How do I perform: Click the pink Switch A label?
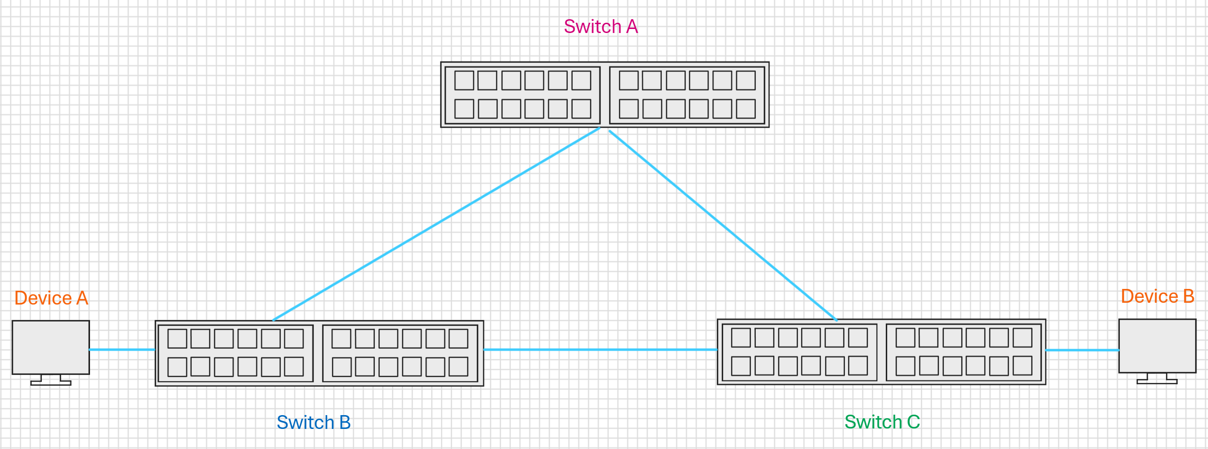tap(601, 26)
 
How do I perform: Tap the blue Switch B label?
tap(314, 422)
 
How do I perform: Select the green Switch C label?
tap(882, 422)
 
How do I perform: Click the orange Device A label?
tap(51, 298)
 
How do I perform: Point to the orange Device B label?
tap(1157, 296)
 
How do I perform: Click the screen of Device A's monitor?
tap(51, 347)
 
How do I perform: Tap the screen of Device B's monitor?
tap(1157, 346)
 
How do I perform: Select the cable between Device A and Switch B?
tap(122, 350)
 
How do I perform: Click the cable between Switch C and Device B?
tap(1082, 350)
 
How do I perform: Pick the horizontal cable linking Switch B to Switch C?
tap(600, 350)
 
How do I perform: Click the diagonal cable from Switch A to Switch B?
tap(436, 224)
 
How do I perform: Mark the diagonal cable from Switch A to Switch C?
tap(723, 226)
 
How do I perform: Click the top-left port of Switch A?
tap(464, 80)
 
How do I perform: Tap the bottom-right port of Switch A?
tap(745, 109)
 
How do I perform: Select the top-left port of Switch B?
tap(177, 338)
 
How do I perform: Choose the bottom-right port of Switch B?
tap(458, 367)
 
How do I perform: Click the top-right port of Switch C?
tap(1022, 338)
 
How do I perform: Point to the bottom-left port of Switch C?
tap(741, 366)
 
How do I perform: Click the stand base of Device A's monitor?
tap(51, 383)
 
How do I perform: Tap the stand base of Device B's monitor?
tap(1157, 381)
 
